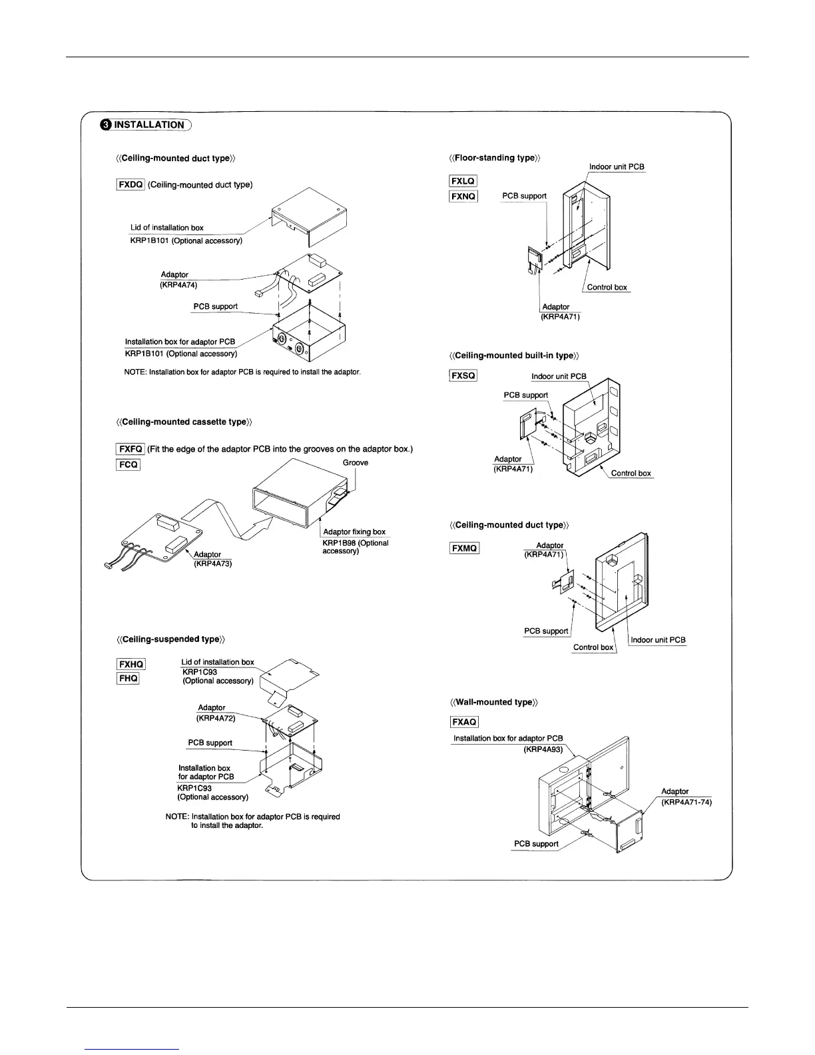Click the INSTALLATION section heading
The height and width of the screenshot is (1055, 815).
pyautogui.click(x=148, y=125)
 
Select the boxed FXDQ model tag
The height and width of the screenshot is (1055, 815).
pyautogui.click(x=131, y=184)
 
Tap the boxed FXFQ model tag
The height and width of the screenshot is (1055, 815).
pyautogui.click(x=130, y=449)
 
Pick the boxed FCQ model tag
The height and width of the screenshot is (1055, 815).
pyautogui.click(x=128, y=464)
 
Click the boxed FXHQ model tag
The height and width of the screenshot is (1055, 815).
pyautogui.click(x=131, y=664)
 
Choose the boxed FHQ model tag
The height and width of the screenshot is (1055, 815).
pyautogui.click(x=128, y=678)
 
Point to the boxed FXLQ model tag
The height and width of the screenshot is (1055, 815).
pyautogui.click(x=463, y=181)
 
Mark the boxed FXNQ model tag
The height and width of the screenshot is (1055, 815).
pyautogui.click(x=463, y=196)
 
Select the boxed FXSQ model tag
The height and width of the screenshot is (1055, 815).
pyautogui.click(x=463, y=376)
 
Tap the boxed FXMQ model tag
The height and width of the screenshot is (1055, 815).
pyautogui.click(x=465, y=549)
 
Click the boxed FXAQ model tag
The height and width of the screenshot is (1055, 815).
pyautogui.click(x=464, y=722)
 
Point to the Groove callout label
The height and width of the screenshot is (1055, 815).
pyautogui.click(x=356, y=462)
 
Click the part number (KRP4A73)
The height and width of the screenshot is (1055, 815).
pyautogui.click(x=212, y=563)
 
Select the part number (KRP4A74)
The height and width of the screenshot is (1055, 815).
pyautogui.click(x=178, y=284)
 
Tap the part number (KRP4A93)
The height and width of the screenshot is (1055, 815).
pyautogui.click(x=543, y=749)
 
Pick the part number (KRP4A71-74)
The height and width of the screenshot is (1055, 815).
pyautogui.click(x=686, y=802)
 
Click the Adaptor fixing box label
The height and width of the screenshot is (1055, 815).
pyautogui.click(x=354, y=531)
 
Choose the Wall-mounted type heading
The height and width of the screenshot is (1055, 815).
pyautogui.click(x=495, y=702)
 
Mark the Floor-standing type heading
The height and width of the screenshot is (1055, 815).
pyautogui.click(x=495, y=158)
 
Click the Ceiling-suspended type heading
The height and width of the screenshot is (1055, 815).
pyautogui.click(x=170, y=639)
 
